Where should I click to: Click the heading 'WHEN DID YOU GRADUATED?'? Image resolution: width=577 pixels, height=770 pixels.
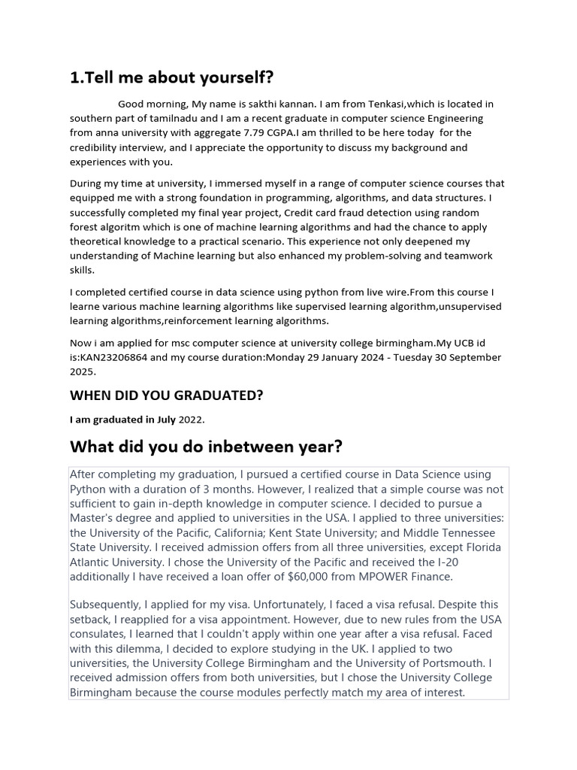point(166,395)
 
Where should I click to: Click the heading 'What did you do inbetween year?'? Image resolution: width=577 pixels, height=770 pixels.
point(206,447)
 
